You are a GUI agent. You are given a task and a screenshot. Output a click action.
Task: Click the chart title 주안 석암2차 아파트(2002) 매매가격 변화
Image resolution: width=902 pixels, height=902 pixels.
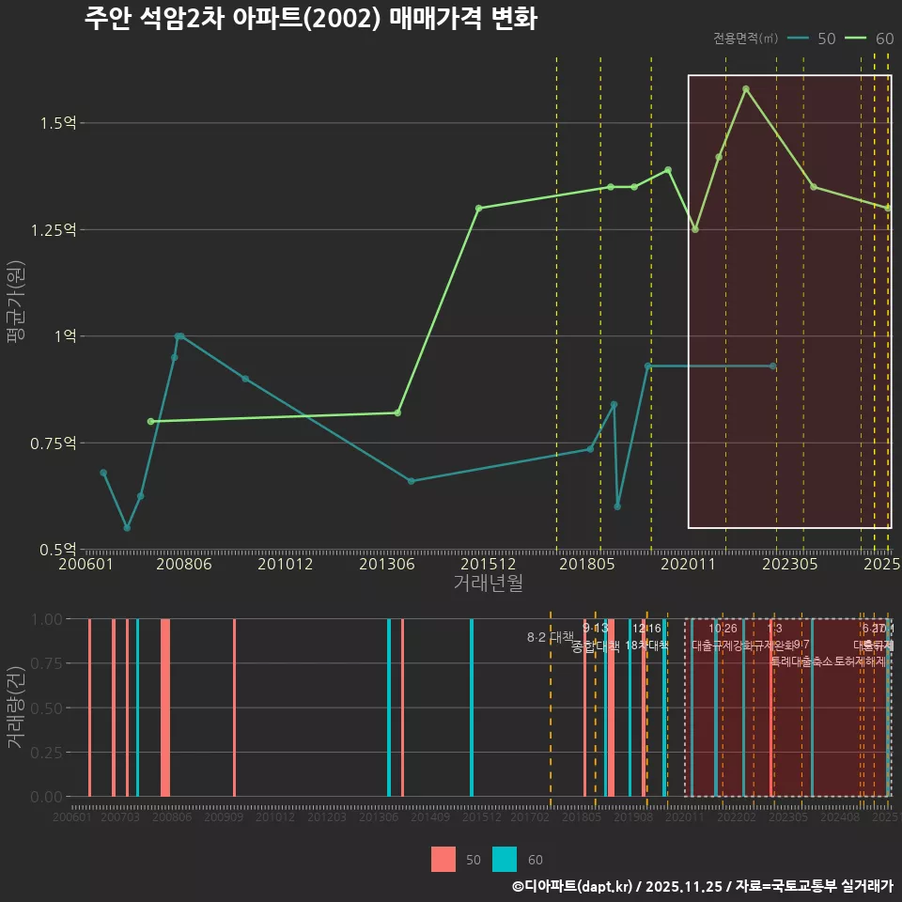(x=310, y=20)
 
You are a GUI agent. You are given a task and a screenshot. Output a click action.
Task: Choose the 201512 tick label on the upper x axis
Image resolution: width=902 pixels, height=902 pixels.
(x=489, y=565)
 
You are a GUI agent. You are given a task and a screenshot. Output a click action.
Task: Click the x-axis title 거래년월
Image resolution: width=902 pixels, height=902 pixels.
(x=488, y=583)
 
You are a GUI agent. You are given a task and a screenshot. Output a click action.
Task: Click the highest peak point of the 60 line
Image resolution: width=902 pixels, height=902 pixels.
(x=746, y=89)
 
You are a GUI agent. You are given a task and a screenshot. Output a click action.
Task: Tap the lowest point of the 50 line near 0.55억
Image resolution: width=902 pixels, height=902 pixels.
(x=127, y=528)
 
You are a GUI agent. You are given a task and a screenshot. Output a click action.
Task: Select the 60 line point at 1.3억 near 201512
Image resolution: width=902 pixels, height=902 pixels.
(x=478, y=209)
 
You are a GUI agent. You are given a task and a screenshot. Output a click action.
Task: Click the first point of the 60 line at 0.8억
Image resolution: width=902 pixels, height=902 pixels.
(x=150, y=422)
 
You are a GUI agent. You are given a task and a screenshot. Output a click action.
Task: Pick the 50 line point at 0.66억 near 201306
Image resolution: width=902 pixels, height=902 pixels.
(x=411, y=481)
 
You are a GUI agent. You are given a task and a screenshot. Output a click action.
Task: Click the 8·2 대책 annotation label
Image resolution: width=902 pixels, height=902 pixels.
(x=550, y=637)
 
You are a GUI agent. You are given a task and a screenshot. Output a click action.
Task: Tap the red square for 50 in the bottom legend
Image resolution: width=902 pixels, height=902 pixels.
(x=443, y=860)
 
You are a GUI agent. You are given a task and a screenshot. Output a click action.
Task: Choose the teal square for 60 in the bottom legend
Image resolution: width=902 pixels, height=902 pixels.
(x=505, y=860)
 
